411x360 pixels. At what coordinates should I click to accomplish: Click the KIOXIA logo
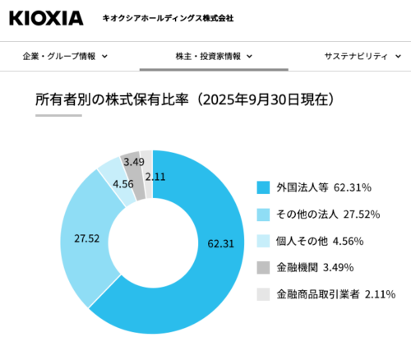[46, 18]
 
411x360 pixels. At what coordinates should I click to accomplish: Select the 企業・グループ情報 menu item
[59, 57]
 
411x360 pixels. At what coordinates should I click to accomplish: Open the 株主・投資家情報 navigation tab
[208, 57]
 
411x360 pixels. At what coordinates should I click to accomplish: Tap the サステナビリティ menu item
[356, 57]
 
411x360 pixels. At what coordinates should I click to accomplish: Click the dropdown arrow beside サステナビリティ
[398, 57]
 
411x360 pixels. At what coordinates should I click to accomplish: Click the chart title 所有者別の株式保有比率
[112, 99]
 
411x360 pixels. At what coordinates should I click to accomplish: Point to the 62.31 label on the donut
[220, 243]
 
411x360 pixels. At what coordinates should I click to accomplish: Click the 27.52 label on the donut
[87, 238]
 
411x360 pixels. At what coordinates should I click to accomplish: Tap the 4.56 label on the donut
[123, 184]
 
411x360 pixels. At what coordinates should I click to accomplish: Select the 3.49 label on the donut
[134, 162]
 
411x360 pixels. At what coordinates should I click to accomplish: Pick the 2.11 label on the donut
[155, 177]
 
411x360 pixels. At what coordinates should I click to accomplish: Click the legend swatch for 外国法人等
[263, 187]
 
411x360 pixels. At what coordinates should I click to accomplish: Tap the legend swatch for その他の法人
[263, 215]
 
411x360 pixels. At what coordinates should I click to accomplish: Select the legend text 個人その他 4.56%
[320, 241]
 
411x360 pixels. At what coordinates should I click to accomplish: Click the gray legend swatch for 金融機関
[263, 268]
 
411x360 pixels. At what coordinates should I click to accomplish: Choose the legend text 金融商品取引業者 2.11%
[336, 294]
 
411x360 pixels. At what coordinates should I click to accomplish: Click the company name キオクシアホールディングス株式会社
[168, 18]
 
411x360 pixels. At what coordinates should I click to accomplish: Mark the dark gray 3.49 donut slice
[134, 175]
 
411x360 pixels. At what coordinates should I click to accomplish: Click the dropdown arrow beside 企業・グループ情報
[104, 57]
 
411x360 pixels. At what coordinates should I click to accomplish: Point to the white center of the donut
[153, 242]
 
